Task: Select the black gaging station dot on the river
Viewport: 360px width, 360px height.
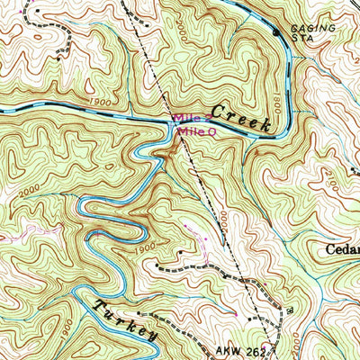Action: coord(276,33)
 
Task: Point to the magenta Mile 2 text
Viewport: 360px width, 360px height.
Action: coord(192,119)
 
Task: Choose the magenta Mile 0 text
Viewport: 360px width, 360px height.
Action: coord(197,131)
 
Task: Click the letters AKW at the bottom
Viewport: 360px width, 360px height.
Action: coord(229,350)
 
